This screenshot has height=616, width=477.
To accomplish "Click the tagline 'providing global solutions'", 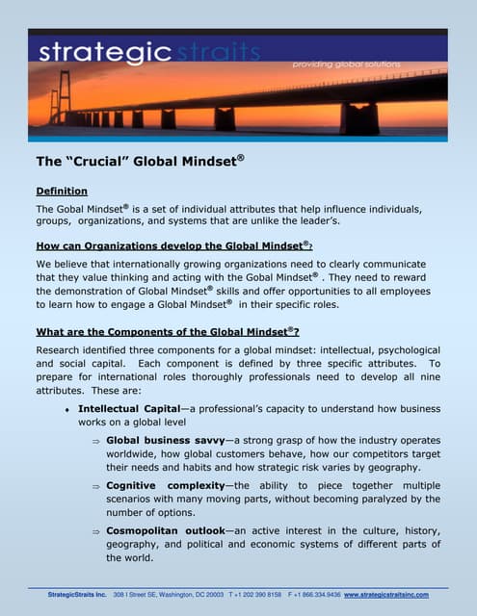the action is pyautogui.click(x=360, y=64).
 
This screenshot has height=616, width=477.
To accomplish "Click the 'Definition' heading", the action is pyautogui.click(x=62, y=192).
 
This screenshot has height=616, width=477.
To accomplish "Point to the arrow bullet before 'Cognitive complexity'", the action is pyautogui.click(x=96, y=486).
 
